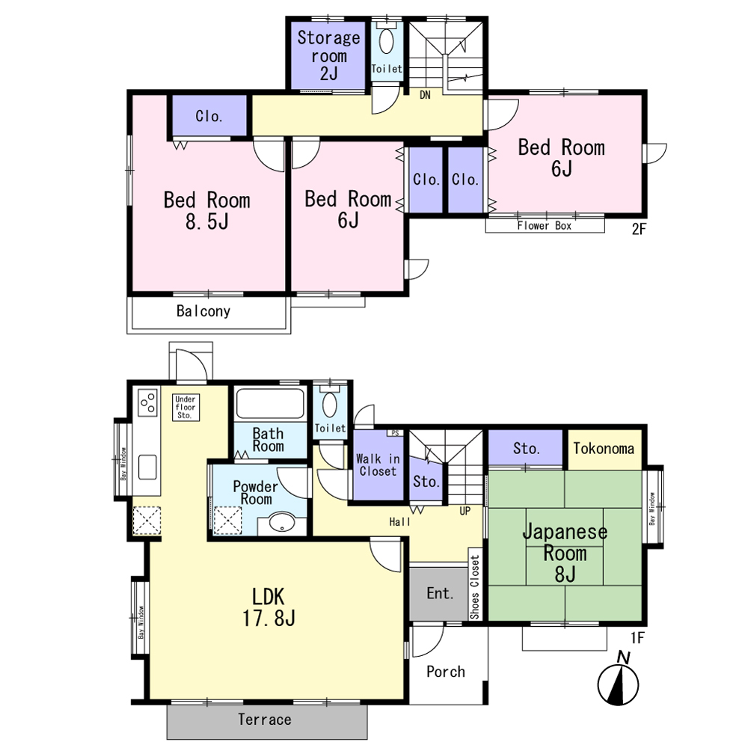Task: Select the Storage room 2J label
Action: click(x=328, y=55)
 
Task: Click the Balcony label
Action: click(x=203, y=311)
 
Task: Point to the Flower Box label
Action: click(x=545, y=226)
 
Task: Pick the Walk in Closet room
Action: click(x=378, y=465)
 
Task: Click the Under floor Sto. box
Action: click(x=186, y=407)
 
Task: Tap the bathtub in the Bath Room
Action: click(x=270, y=404)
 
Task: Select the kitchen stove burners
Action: click(x=147, y=402)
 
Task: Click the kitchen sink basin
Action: click(x=147, y=467)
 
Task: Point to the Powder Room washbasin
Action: click(x=282, y=523)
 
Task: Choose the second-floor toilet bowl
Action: click(x=386, y=41)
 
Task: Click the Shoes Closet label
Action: click(x=475, y=587)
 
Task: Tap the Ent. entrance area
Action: click(x=439, y=594)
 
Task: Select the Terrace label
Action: click(x=265, y=720)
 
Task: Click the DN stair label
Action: click(x=425, y=95)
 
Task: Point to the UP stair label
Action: click(x=465, y=511)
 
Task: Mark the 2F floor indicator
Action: click(x=639, y=229)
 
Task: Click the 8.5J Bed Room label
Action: click(x=207, y=210)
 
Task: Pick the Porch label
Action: click(x=446, y=672)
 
